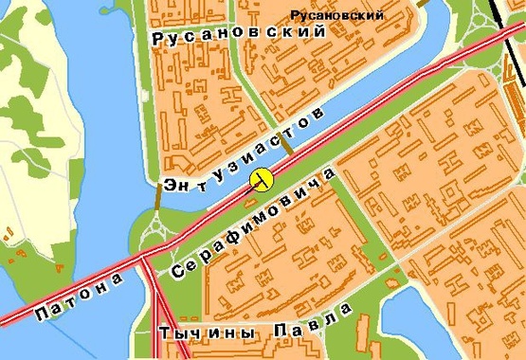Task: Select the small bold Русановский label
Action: coord(338,15)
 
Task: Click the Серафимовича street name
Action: coord(253,224)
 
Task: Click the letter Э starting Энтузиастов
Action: coord(170,186)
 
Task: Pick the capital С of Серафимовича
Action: coord(177,271)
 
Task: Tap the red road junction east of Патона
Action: coord(141,257)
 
